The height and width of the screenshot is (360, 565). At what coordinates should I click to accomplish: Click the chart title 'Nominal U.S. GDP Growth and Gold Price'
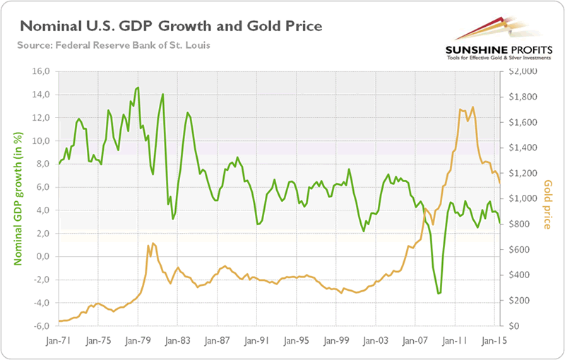[172, 27]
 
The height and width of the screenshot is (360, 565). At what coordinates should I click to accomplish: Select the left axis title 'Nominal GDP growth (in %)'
[18, 198]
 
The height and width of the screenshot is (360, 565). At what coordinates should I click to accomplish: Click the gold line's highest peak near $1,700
[472, 107]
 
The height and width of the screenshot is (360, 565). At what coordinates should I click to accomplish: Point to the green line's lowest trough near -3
[439, 293]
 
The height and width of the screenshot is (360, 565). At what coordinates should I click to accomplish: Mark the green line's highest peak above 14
[137, 88]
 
